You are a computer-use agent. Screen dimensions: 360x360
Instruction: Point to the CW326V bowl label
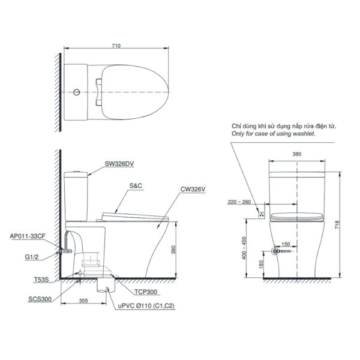pos(193,189)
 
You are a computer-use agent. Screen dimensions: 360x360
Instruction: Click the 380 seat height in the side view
pos(173,248)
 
